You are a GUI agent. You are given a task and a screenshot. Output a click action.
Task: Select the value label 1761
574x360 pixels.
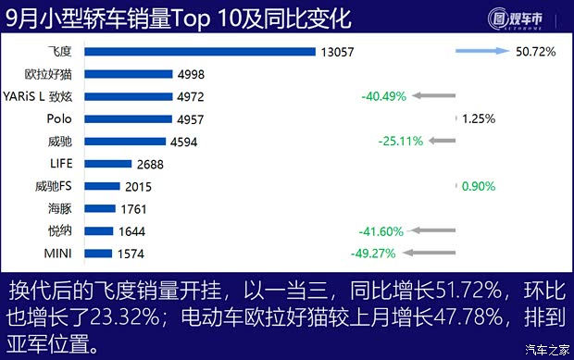pyautogui.click(x=134, y=208)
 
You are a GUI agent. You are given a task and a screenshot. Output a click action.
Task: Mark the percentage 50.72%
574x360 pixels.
pyautogui.click(x=536, y=53)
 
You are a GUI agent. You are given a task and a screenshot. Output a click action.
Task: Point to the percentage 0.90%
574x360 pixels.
pyautogui.click(x=478, y=186)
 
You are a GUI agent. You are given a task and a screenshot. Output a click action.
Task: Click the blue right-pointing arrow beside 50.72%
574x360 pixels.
pyautogui.click(x=480, y=53)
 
